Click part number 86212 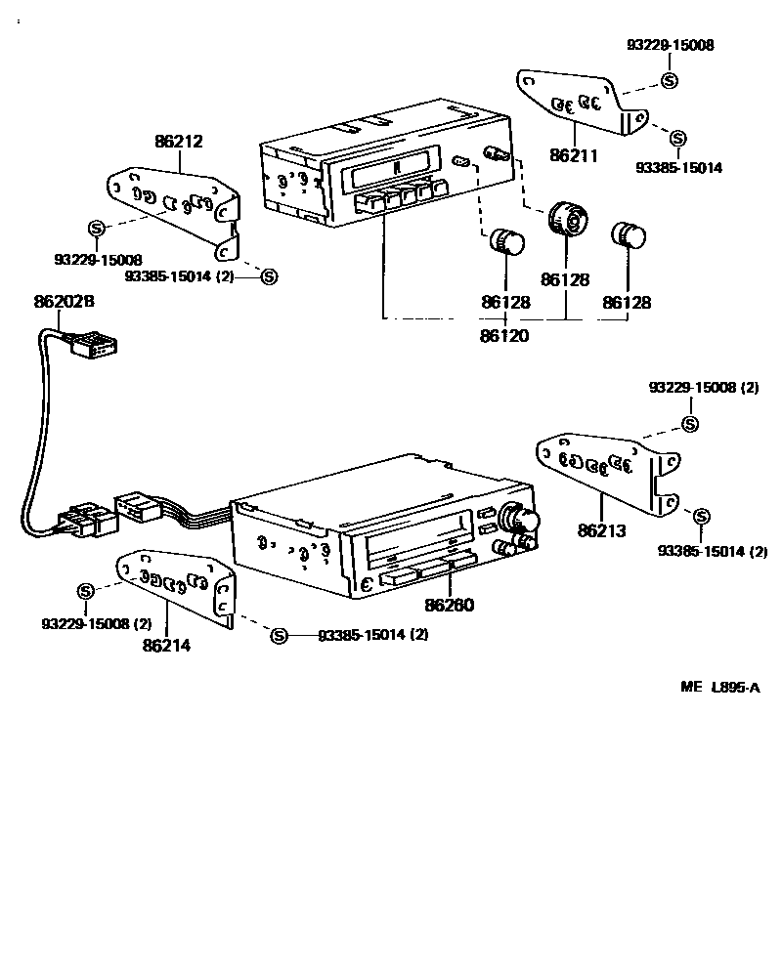178,142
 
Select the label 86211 574,154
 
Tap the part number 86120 504,336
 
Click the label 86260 450,605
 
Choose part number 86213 601,531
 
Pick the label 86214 167,645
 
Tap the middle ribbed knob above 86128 566,218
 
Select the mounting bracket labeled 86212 176,205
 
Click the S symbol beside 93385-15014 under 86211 678,139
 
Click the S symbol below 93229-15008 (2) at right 689,424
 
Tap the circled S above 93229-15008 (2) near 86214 85,591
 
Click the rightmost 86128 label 627,304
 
